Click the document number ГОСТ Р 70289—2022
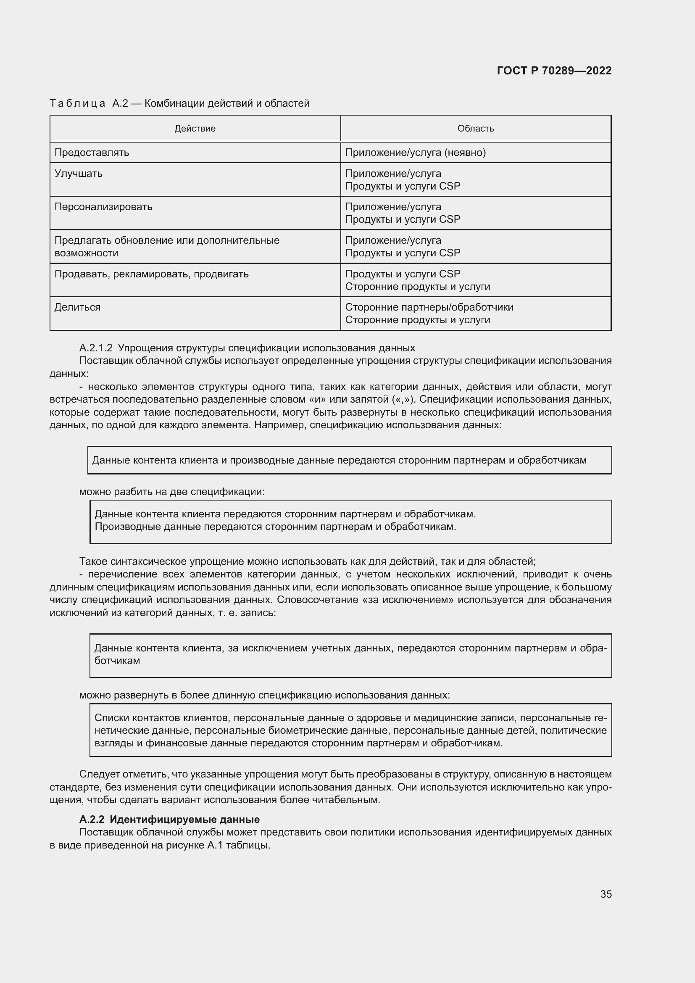tap(554, 71)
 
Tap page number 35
tap(605, 894)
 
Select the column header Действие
tap(195, 129)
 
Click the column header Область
tap(476, 129)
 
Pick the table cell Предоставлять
tap(92, 153)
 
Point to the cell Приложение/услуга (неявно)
tap(415, 153)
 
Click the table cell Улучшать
tap(78, 174)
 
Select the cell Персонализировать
tap(103, 207)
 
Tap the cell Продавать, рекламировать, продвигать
tap(151, 274)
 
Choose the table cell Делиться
tap(77, 307)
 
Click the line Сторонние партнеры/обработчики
tap(429, 307)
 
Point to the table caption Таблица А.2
tap(89, 104)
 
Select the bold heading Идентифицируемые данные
tap(184, 820)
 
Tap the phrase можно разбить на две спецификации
tap(171, 492)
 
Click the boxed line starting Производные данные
tap(275, 527)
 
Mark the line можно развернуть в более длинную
tap(264, 695)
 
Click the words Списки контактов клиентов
tap(161, 718)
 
